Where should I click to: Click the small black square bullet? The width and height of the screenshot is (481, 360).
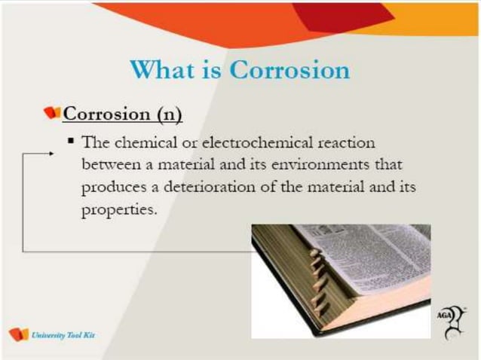pos(71,140)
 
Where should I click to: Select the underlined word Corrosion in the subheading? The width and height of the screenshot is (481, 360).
pos(106,114)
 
